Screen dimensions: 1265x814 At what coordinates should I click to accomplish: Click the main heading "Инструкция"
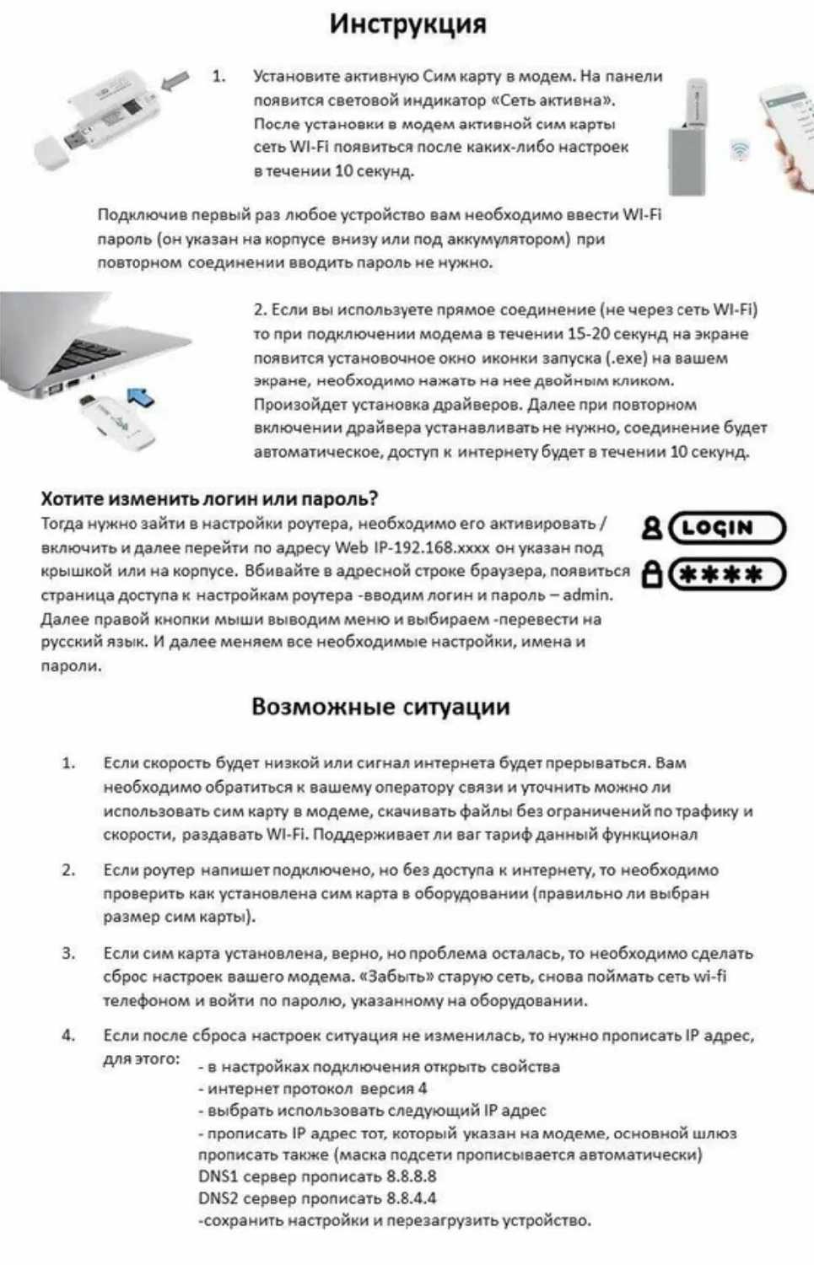407,24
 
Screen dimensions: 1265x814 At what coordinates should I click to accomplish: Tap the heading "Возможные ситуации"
380,707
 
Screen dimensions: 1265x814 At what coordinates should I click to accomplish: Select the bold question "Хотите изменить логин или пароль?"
210,498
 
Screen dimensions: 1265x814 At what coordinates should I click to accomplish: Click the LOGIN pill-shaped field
726,529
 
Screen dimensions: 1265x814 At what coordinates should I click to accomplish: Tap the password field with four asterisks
726,575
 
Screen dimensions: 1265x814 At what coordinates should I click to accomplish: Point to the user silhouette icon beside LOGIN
651,529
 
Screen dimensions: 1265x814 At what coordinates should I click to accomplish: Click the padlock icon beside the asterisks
651,575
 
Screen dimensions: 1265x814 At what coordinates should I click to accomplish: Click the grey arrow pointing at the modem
175,82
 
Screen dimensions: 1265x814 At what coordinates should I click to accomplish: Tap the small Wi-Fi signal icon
740,151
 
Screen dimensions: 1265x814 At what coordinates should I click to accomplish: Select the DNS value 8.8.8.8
412,1176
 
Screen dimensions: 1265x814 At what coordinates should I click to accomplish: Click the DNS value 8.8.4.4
412,1198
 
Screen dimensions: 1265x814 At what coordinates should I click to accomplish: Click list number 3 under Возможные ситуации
68,954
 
